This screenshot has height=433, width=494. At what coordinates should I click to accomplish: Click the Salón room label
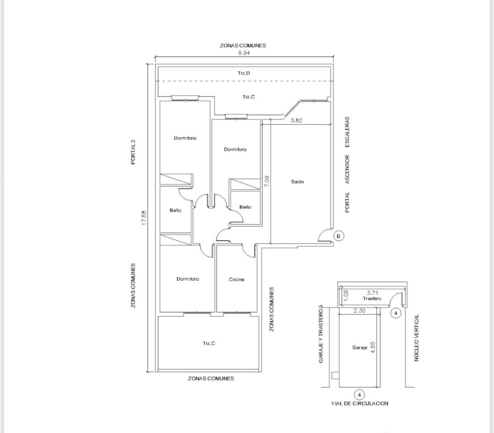[297, 182]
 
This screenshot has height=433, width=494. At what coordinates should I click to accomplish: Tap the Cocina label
[236, 279]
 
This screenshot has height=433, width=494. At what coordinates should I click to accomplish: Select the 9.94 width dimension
[244, 53]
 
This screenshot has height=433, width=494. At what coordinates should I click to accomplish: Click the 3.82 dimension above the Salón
[296, 120]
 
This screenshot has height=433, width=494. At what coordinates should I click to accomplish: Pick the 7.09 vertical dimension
[267, 182]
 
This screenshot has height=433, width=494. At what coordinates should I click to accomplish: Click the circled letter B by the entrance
[338, 236]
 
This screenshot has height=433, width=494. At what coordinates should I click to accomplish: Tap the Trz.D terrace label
[244, 73]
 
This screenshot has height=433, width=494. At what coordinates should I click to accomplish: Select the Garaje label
[359, 347]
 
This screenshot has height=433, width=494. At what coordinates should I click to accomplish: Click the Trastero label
[372, 298]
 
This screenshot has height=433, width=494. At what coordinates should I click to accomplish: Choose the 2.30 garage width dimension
[359, 311]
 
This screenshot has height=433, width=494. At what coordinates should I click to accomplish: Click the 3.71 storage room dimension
[372, 293]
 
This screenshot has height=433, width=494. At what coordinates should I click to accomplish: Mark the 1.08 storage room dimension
[346, 295]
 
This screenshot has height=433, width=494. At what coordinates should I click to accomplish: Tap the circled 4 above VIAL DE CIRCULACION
[359, 394]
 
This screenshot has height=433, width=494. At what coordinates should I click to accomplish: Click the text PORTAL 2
[133, 152]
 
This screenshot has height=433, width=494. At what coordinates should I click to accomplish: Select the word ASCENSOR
[347, 169]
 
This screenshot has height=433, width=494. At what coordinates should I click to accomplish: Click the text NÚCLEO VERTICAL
[417, 338]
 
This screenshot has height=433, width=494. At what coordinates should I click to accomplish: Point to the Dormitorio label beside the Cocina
[188, 279]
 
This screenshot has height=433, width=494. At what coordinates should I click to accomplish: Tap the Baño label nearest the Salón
[245, 207]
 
